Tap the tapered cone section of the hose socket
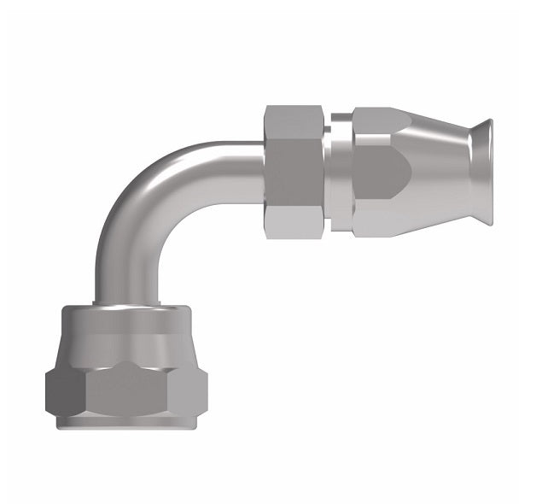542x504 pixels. [435, 172]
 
